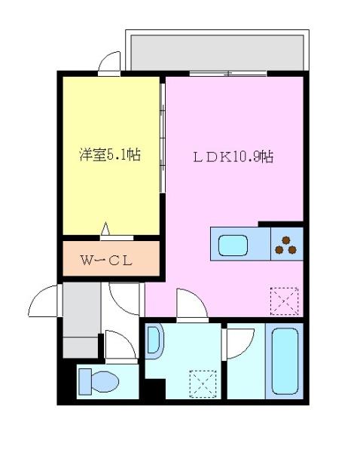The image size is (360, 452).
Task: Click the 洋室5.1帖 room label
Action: tap(111, 155)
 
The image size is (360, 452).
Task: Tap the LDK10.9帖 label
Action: tap(233, 157)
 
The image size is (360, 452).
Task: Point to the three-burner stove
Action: tap(286, 246)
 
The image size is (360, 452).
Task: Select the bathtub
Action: tap(284, 362)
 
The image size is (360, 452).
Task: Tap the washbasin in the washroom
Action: tap(154, 340)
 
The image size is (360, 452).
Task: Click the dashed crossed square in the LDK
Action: tap(285, 301)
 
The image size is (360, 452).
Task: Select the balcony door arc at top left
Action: tap(110, 63)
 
